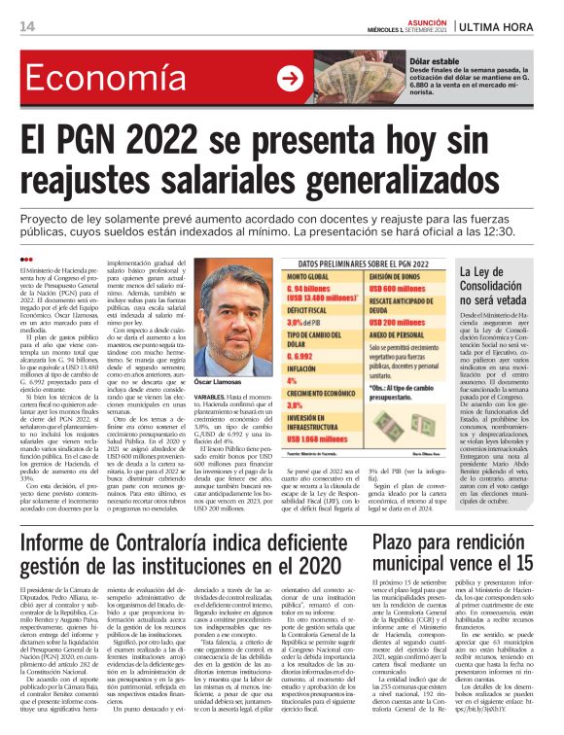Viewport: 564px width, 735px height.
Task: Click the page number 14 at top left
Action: pos(26,25)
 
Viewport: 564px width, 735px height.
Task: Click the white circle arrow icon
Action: pos(290,78)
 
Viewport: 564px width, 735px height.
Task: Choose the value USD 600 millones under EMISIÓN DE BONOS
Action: pos(399,290)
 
